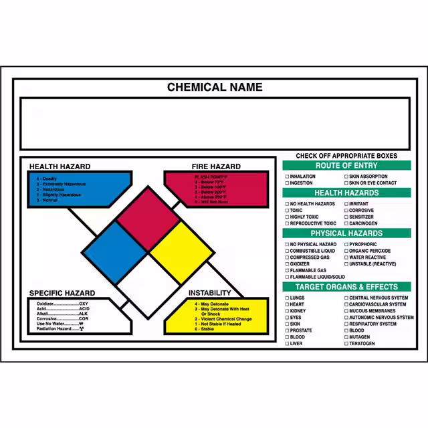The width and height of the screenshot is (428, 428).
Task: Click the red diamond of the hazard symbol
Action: point(148,218)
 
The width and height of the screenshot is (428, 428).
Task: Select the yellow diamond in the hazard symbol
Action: point(181,251)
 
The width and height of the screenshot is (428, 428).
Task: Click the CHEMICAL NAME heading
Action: point(214,88)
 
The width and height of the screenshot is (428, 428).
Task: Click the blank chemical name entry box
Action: point(214,124)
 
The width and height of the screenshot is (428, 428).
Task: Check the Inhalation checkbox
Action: point(288,177)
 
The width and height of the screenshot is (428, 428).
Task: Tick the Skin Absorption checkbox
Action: point(346,177)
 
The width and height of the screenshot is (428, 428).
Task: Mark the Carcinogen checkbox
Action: point(346,223)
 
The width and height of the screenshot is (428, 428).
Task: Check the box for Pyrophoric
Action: point(346,244)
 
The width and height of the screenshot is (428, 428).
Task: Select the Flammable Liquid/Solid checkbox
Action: point(288,277)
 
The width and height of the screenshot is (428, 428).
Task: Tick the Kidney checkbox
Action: point(288,311)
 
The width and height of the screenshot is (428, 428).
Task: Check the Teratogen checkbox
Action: point(346,344)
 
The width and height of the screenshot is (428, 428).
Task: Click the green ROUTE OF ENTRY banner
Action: point(346,165)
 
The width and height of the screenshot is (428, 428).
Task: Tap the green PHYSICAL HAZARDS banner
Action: point(346,233)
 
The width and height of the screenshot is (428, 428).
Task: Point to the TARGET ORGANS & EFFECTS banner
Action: point(346,287)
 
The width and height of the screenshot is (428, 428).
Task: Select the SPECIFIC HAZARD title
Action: point(62,293)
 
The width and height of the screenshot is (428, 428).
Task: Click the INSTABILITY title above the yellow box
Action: point(209,293)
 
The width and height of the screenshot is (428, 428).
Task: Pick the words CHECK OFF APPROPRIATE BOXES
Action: point(346,156)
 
